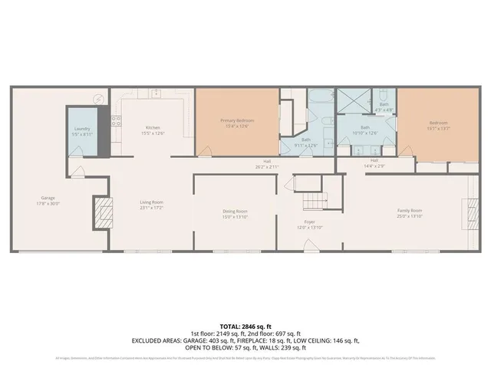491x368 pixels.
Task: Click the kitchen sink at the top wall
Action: click(156, 93)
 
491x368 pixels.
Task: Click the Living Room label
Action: click(151, 202)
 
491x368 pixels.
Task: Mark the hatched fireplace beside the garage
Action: click(102, 209)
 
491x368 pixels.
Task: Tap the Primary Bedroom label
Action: click(238, 121)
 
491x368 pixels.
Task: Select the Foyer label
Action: click(309, 222)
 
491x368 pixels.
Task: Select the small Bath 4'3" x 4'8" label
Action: click(384, 107)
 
